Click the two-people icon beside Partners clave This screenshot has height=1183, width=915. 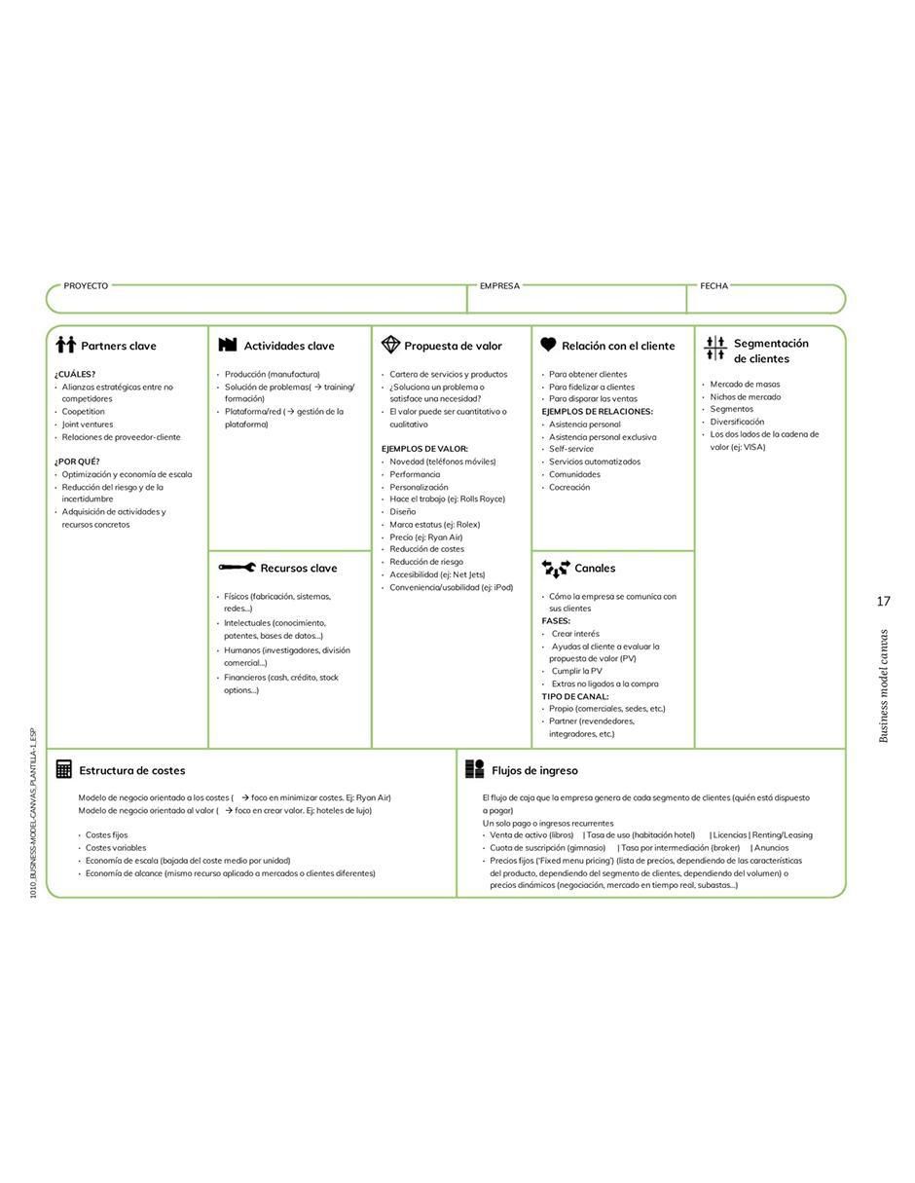tap(66, 345)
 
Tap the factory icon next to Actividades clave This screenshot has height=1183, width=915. tap(228, 344)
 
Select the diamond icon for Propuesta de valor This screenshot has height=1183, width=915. tap(390, 345)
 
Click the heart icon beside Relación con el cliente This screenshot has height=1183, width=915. tap(548, 344)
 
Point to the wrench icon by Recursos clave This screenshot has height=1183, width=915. tap(237, 568)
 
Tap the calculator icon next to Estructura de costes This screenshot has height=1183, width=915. tap(63, 769)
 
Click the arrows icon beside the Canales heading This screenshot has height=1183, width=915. tap(556, 569)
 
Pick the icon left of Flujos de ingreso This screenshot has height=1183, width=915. tap(474, 769)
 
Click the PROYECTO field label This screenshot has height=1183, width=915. tap(86, 286)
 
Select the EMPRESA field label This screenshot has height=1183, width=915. tap(499, 286)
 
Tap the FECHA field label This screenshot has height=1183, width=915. tap(714, 286)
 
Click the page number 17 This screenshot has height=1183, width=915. tap(883, 601)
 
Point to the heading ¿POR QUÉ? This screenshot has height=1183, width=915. tap(77, 462)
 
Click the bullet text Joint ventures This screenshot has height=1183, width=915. tap(88, 425)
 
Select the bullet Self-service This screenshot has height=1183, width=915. tap(571, 449)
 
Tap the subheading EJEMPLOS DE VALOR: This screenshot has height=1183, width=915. tap(424, 449)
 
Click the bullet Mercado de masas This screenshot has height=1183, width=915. tap(745, 384)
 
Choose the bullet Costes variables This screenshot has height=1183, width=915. tap(116, 848)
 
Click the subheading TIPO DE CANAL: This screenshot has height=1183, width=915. tap(575, 696)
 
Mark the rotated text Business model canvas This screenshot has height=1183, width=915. tap(884, 686)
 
